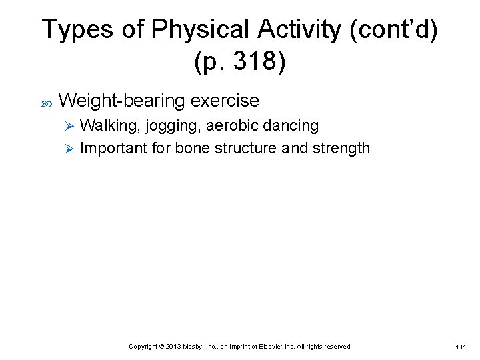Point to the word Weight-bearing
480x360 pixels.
point(122,101)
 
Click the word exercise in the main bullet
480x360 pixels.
point(225,101)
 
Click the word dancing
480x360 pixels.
point(292,126)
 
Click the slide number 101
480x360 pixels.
point(461,347)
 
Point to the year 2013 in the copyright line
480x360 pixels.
point(172,347)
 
